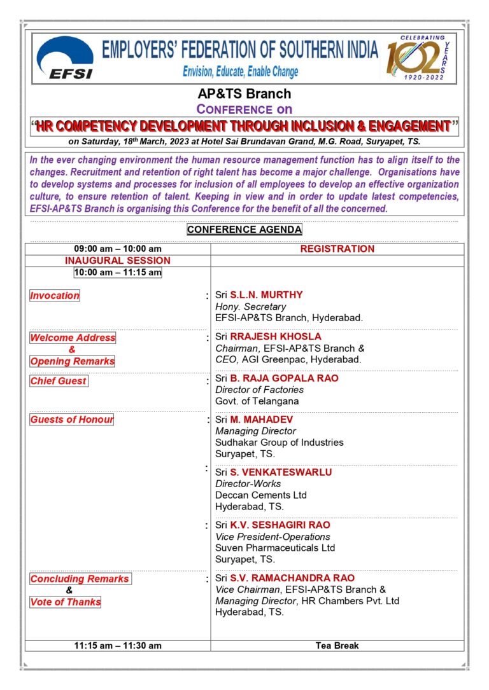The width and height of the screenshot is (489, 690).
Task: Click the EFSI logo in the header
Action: (x=65, y=58)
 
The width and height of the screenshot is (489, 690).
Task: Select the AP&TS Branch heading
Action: (x=244, y=94)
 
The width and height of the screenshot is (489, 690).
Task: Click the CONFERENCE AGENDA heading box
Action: (x=244, y=230)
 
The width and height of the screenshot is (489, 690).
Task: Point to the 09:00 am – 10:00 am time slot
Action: (x=118, y=249)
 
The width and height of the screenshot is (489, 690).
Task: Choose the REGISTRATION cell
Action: (x=337, y=249)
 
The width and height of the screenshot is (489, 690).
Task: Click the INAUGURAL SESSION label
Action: (x=118, y=261)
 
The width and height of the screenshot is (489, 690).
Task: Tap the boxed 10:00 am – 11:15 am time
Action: (x=118, y=273)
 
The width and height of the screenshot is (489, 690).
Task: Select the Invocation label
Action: (x=55, y=295)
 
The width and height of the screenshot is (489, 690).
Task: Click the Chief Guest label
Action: (x=59, y=381)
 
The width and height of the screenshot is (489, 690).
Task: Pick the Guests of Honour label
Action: (x=72, y=420)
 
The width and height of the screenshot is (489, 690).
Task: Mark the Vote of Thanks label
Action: (x=66, y=602)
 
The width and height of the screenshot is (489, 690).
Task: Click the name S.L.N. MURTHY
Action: (x=266, y=295)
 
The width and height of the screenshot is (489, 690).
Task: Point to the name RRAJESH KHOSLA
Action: (x=276, y=336)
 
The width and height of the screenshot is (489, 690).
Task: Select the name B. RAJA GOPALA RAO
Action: (x=284, y=378)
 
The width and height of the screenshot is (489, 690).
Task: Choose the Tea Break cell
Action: (x=337, y=645)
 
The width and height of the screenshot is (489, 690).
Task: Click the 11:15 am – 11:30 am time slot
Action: (x=118, y=645)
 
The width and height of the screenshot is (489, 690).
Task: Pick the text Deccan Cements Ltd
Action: (x=261, y=495)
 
